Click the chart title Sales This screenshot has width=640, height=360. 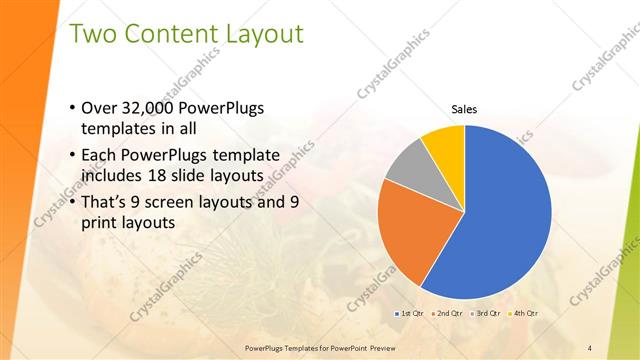click(x=464, y=109)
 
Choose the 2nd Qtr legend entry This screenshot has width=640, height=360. click(x=446, y=314)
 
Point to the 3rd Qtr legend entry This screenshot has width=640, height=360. click(x=485, y=314)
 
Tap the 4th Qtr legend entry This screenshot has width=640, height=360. click(x=523, y=314)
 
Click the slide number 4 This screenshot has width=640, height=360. click(x=590, y=347)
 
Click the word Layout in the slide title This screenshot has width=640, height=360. click(x=259, y=34)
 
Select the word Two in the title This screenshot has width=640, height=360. click(x=92, y=34)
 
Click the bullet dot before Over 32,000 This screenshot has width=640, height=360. click(x=71, y=108)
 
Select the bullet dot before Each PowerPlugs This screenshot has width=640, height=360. click(x=71, y=156)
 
